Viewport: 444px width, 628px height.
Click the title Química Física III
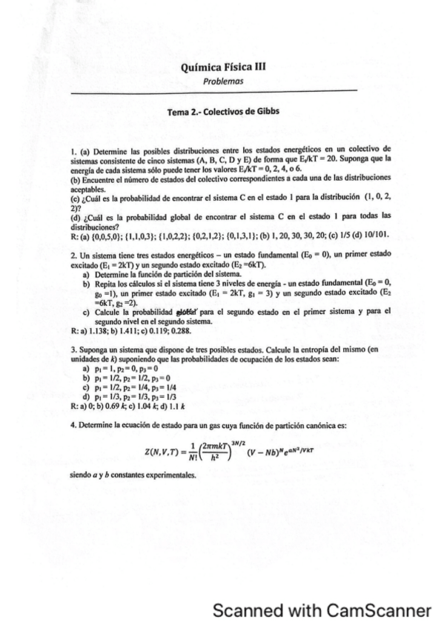coord(222,66)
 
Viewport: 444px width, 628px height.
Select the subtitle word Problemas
coord(222,79)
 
